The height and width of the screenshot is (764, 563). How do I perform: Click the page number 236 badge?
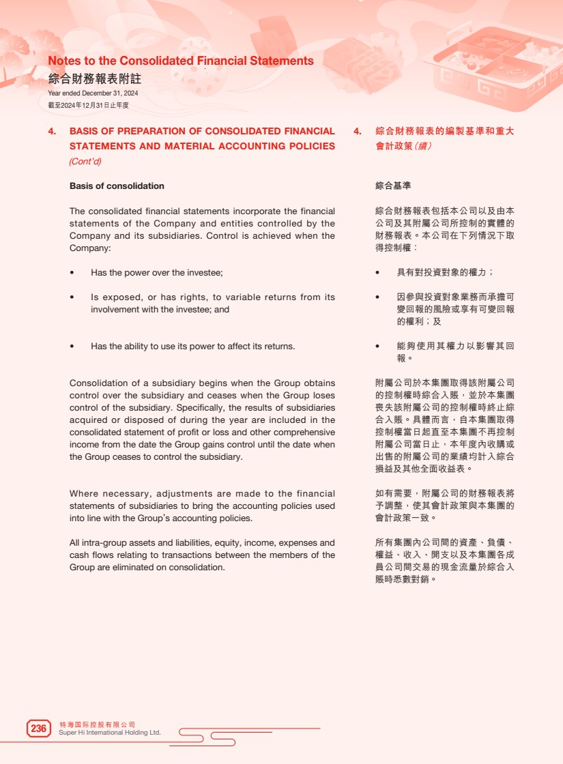point(39,729)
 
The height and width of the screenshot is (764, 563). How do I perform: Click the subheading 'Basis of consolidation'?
point(117,186)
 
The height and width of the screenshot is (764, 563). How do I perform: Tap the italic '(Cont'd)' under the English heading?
point(85,162)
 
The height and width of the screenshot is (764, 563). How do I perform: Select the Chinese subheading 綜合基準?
point(393,186)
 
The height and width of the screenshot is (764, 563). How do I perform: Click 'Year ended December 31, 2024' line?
point(93,93)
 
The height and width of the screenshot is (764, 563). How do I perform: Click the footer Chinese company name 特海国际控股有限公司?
point(98,724)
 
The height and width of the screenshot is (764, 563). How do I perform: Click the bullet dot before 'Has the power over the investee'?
point(72,273)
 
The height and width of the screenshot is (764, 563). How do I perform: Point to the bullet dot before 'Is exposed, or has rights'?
point(72,297)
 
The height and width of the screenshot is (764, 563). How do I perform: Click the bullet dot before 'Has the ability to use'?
point(72,347)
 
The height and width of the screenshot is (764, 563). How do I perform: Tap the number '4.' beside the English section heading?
point(52,131)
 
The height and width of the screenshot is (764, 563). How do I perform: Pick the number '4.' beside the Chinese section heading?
point(357,131)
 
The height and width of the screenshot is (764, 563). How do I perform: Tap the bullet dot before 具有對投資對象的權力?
point(378,273)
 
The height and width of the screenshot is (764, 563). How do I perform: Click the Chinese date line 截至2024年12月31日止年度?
point(88,105)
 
